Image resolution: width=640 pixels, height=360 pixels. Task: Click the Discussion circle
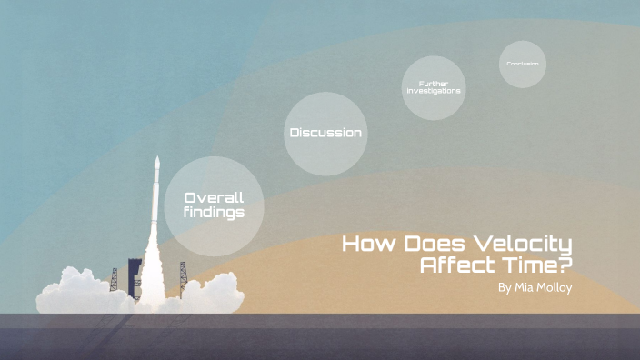tap(325, 133)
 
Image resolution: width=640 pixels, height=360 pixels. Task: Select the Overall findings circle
tap(214, 205)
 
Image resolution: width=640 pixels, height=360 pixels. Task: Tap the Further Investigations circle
tap(434, 87)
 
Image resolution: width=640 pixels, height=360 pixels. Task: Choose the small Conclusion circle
tap(523, 64)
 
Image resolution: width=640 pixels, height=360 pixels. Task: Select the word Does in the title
tap(431, 244)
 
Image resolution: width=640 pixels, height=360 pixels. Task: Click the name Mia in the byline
tap(526, 288)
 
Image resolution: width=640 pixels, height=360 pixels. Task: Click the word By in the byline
tap(505, 288)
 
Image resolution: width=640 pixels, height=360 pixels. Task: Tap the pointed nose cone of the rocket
tap(157, 163)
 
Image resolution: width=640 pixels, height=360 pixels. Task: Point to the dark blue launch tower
tap(135, 273)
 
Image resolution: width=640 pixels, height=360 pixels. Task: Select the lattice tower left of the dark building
tap(114, 278)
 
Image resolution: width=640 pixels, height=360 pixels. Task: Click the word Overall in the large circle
tap(214, 197)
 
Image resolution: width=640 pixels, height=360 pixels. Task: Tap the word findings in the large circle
tap(214, 213)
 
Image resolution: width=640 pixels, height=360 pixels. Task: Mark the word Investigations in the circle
tap(434, 92)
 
